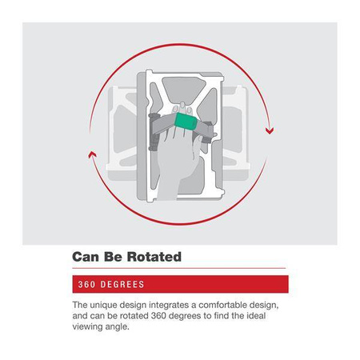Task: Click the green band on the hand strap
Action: point(186,122)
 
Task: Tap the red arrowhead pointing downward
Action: point(270,131)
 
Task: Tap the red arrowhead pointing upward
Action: point(92,154)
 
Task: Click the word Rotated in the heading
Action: point(154,257)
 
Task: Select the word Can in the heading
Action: point(85,257)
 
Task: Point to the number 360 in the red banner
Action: point(86,284)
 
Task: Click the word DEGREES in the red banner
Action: point(122,284)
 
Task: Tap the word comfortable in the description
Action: point(223,305)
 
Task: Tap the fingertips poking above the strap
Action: point(182,107)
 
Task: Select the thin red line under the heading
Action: point(179,268)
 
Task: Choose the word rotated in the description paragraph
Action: point(134,316)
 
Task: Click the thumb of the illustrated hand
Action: point(198,145)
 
